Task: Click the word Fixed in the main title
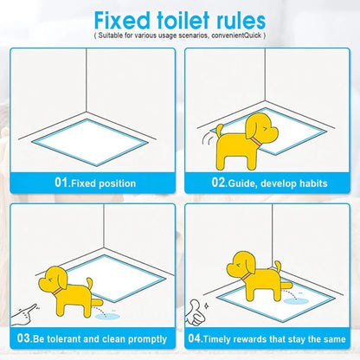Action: [122, 21]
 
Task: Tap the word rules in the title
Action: [240, 21]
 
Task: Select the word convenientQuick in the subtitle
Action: [236, 35]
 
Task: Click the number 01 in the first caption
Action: [61, 183]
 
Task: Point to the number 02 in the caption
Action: [218, 183]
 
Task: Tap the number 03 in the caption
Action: [23, 337]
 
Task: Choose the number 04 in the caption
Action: [195, 337]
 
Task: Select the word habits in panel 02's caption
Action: [313, 183]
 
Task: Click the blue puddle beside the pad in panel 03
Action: [107, 317]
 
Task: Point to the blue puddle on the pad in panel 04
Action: [295, 301]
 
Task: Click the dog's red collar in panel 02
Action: [255, 141]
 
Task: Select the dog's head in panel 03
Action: [54, 279]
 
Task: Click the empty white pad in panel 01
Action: [90, 142]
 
